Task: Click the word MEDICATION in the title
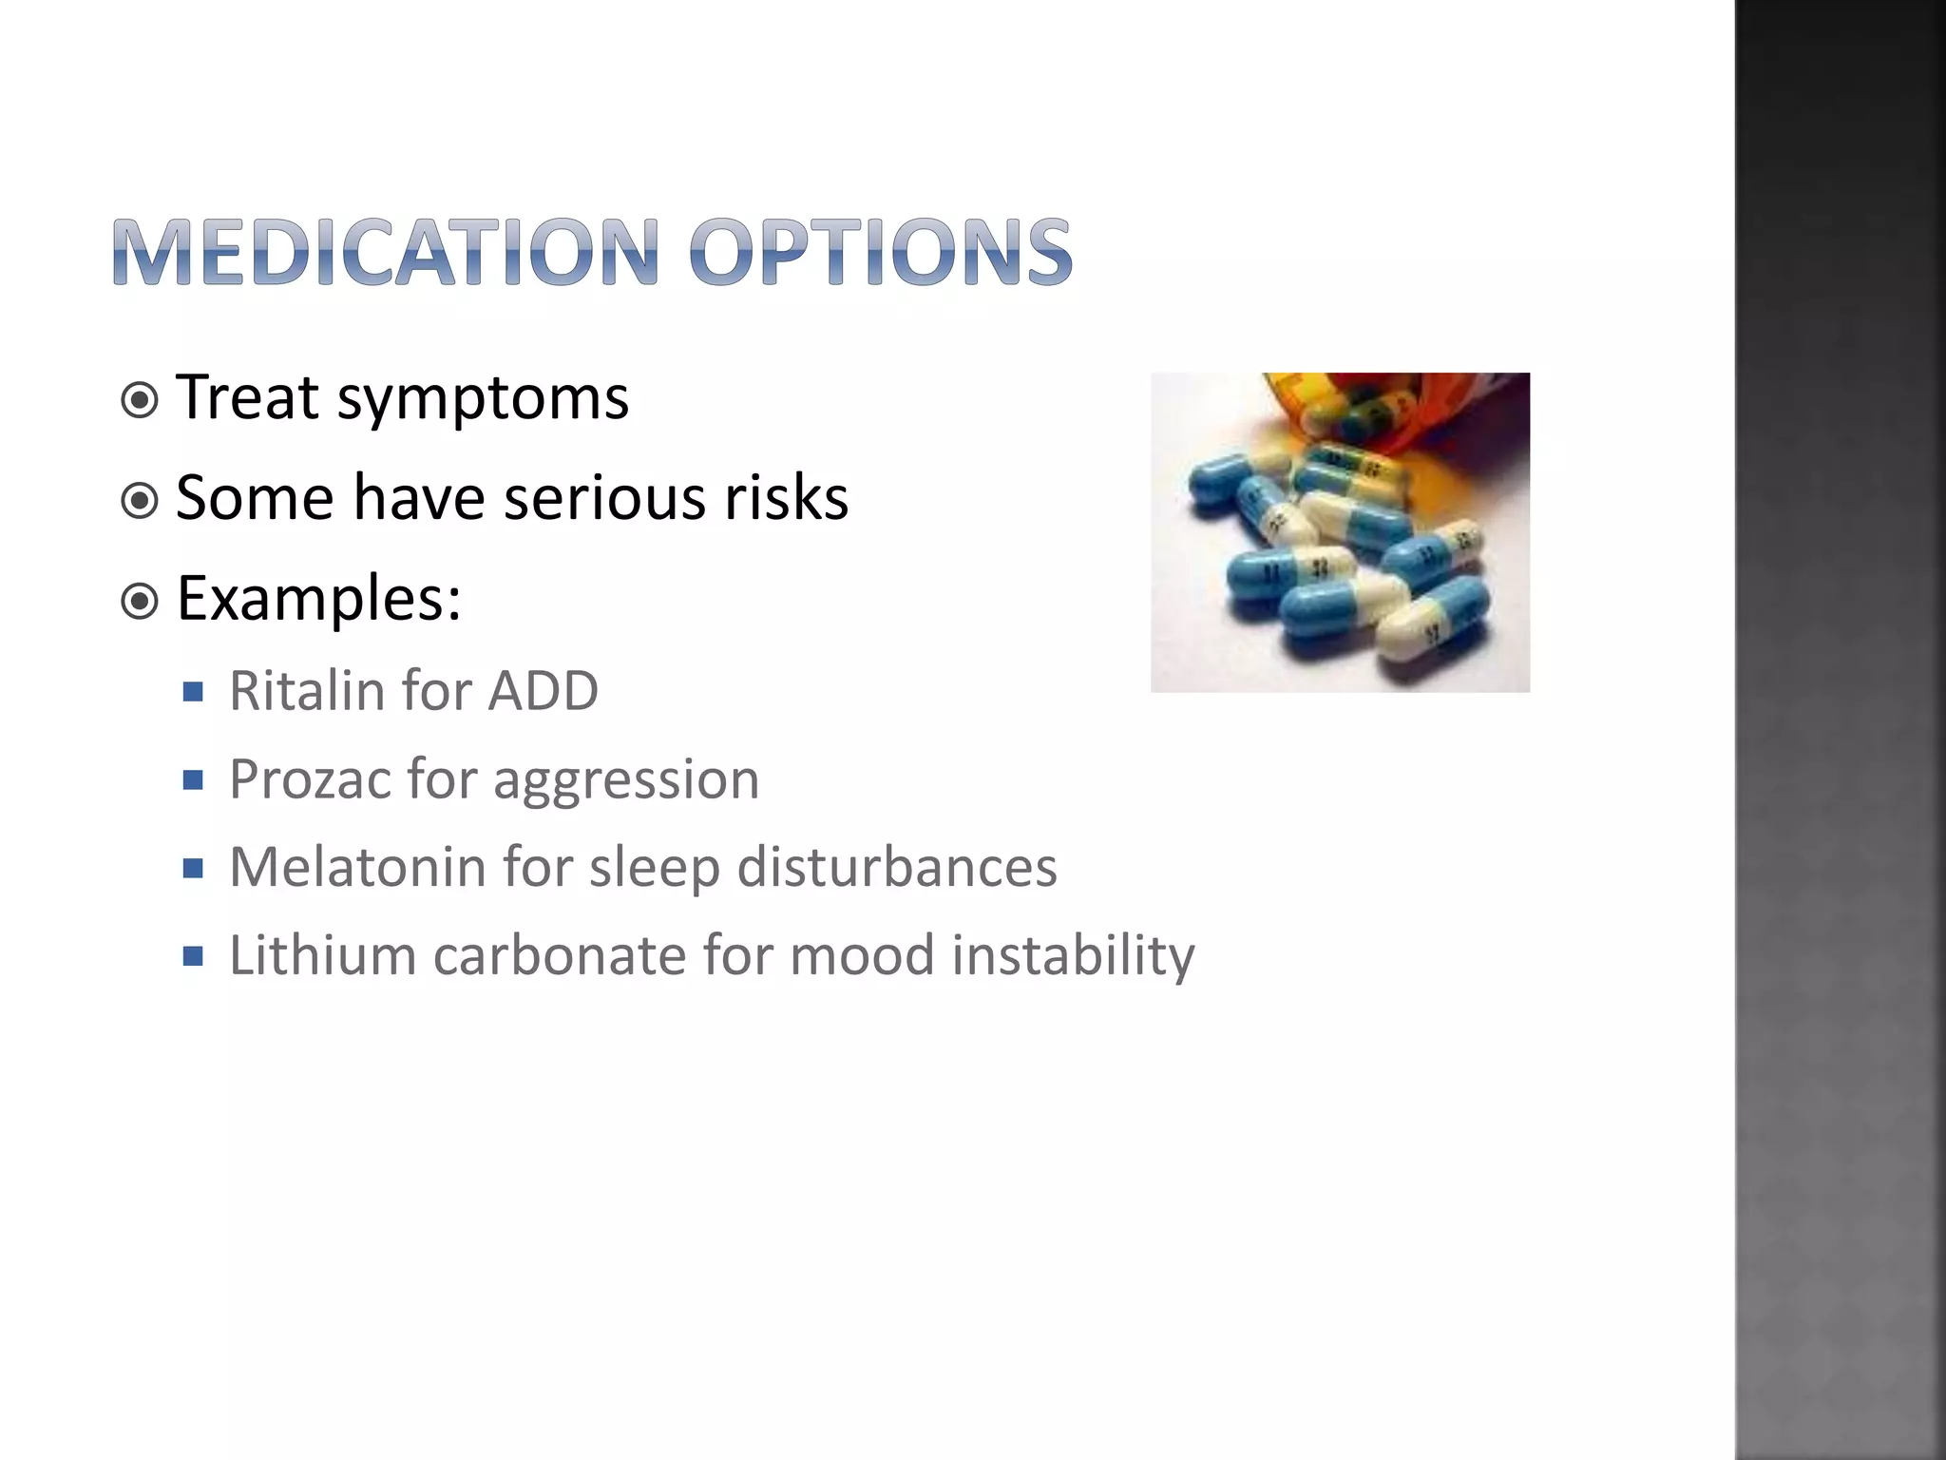[385, 252]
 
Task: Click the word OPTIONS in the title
[881, 252]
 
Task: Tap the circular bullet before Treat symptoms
[141, 400]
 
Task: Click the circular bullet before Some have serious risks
[141, 500]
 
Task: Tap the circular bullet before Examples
[141, 601]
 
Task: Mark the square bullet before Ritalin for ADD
[194, 692]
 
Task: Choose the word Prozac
[310, 779]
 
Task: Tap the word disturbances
[896, 868]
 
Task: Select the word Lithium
[323, 955]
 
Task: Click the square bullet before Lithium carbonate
[194, 956]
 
